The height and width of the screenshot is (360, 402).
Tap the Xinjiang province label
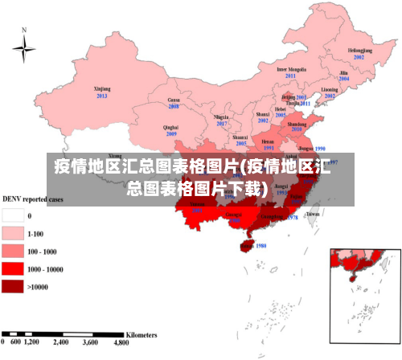coord(102,88)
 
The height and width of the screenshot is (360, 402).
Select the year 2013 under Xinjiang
coord(102,96)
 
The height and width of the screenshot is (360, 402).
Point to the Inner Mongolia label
coord(292,69)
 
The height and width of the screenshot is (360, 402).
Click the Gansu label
coord(173,99)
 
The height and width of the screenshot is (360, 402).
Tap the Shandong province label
coord(297,125)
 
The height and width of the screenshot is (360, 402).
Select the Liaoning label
coord(330,89)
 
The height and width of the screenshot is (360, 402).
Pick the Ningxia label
coord(221,117)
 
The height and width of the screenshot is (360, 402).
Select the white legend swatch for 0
coord(14,215)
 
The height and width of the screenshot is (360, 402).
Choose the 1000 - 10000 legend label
coord(46,269)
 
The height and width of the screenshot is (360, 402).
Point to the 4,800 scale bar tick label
coord(121,342)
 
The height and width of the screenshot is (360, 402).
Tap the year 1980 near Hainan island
coord(259,245)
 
